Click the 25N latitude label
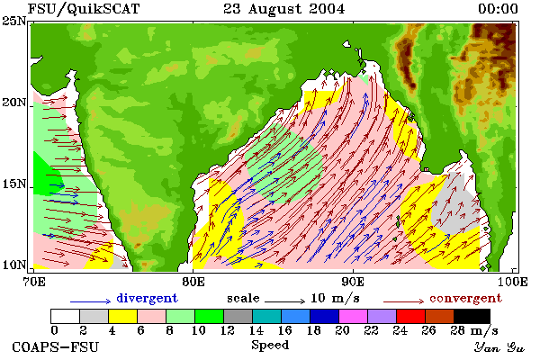click(x=13, y=22)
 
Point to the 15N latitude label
click(x=13, y=184)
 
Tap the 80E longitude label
click(x=193, y=282)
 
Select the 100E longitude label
click(x=512, y=282)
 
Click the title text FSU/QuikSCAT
click(x=84, y=9)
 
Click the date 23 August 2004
click(x=284, y=9)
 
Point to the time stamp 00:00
click(x=498, y=9)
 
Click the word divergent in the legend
click(x=147, y=298)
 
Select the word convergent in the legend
click(x=465, y=298)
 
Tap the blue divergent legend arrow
click(x=91, y=301)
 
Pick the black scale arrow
click(x=284, y=301)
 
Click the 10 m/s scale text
click(x=335, y=298)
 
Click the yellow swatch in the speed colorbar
click(x=122, y=316)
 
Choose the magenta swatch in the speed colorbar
click(x=353, y=316)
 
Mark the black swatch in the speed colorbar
click(x=472, y=316)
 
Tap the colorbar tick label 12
click(x=227, y=330)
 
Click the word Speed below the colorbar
click(x=270, y=346)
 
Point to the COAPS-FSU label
click(x=56, y=347)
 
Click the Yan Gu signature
click(x=499, y=347)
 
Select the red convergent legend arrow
click(x=403, y=301)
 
